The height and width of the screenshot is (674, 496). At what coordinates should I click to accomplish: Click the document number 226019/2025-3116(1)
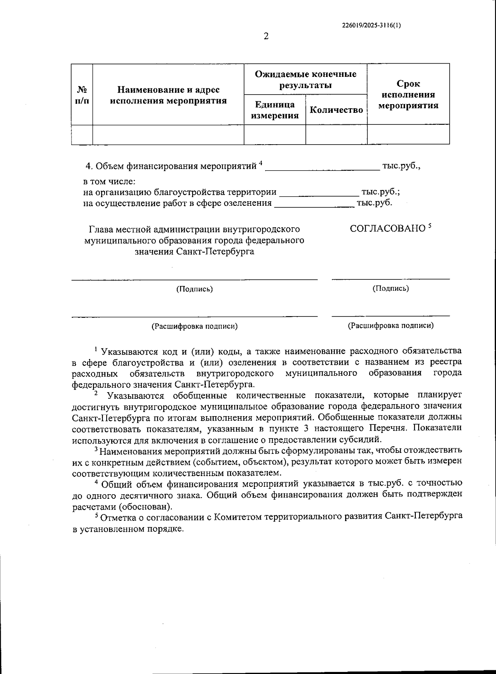point(372,25)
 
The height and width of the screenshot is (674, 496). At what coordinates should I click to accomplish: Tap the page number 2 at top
point(266,37)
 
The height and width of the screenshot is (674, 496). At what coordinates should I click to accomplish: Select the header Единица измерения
point(274,110)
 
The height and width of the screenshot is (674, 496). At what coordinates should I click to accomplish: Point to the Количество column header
point(336,110)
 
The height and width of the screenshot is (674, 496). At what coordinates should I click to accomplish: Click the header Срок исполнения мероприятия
point(408,95)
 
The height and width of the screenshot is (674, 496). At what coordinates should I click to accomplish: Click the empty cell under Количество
point(336,134)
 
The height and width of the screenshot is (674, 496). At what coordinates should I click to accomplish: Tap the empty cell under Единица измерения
point(274,134)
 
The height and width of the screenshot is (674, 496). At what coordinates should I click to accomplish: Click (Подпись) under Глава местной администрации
point(194,289)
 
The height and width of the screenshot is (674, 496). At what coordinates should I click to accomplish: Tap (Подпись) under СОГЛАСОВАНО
point(391,288)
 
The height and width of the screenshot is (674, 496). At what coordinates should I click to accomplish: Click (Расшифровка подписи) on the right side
point(391,326)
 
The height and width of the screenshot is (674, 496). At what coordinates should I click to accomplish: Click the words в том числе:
point(110,181)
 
